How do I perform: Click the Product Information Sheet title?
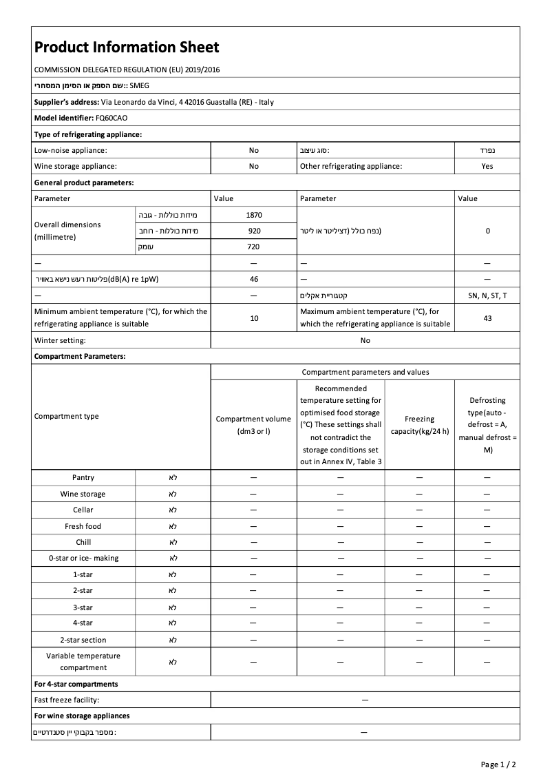point(127,47)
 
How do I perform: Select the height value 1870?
point(254,215)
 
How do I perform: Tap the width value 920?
point(254,231)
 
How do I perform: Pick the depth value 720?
point(254,247)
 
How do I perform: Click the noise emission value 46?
point(254,279)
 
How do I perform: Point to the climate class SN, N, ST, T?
point(487,295)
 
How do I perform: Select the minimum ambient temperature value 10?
point(254,318)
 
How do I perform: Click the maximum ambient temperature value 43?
point(487,318)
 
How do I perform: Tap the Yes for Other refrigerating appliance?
point(487,166)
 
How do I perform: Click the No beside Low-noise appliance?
point(254,149)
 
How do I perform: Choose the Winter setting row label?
point(60,340)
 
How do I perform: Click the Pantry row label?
point(83,477)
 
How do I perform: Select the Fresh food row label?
point(83,526)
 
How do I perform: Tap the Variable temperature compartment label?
point(83,662)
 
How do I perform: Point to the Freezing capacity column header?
point(419,425)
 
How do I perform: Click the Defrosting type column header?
point(487,425)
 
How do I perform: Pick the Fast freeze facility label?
point(67,700)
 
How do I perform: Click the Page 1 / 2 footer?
point(498,764)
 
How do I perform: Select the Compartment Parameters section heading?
point(80,356)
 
